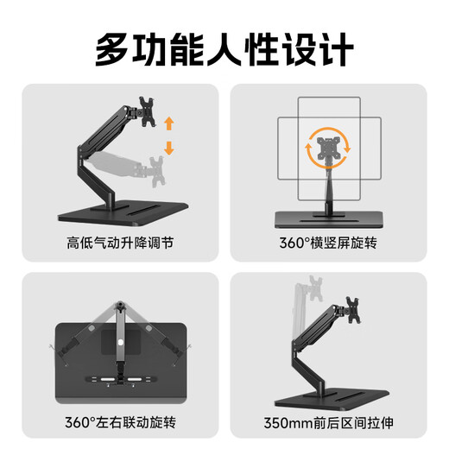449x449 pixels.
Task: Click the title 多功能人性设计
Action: pyautogui.click(x=224, y=47)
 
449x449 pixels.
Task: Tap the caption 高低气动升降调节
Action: pyautogui.click(x=119, y=243)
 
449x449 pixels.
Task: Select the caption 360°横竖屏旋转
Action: pyautogui.click(x=329, y=243)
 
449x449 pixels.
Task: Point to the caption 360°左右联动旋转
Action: pyautogui.click(x=119, y=424)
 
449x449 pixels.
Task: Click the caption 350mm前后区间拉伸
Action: pyautogui.click(x=329, y=424)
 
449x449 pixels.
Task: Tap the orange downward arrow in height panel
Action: pyautogui.click(x=168, y=149)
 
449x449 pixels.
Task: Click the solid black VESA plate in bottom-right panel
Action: pyautogui.click(x=353, y=307)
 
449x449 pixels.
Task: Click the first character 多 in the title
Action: pyautogui.click(x=112, y=47)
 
